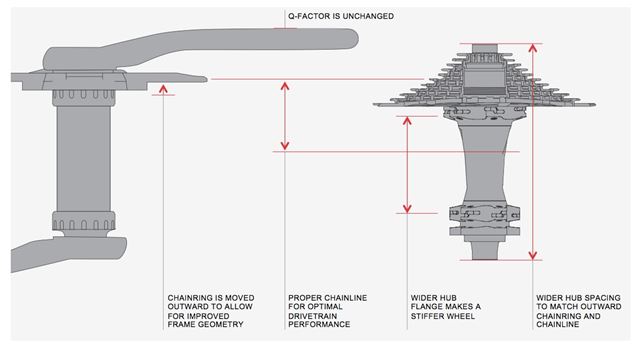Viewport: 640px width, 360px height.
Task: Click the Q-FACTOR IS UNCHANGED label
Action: coord(341,16)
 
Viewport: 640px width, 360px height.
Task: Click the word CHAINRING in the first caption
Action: coord(188,298)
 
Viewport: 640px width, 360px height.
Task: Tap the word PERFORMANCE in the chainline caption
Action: coord(319,324)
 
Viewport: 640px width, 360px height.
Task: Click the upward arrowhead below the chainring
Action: coord(163,89)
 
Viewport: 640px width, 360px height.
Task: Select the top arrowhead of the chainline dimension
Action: coord(285,86)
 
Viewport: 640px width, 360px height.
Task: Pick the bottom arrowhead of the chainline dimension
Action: coord(285,145)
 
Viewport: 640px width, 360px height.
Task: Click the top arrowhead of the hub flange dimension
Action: coord(407,121)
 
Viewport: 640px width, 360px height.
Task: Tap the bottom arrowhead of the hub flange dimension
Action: coord(407,208)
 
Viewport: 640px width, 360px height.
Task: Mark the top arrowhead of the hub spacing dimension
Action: coord(533,48)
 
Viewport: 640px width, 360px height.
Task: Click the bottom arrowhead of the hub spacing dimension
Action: coord(533,255)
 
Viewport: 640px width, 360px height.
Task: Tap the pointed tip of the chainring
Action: coord(204,79)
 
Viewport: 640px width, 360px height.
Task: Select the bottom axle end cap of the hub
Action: coord(485,251)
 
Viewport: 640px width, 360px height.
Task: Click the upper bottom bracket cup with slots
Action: coord(84,97)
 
